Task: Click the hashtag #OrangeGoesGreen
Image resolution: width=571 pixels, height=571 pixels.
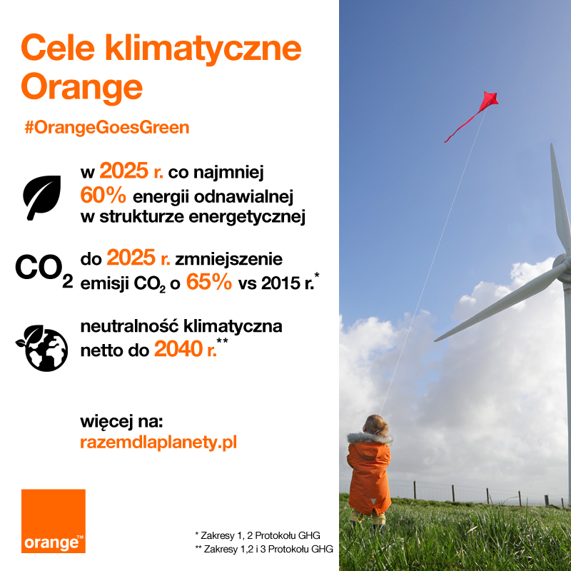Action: [106, 127]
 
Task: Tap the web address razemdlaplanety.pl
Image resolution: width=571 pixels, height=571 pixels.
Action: [158, 443]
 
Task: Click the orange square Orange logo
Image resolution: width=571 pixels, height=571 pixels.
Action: [53, 521]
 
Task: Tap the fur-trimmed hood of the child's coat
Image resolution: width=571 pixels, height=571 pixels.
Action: [370, 437]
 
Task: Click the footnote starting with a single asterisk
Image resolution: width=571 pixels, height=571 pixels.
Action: [257, 534]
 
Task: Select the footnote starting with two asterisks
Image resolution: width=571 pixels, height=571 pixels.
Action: [263, 548]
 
